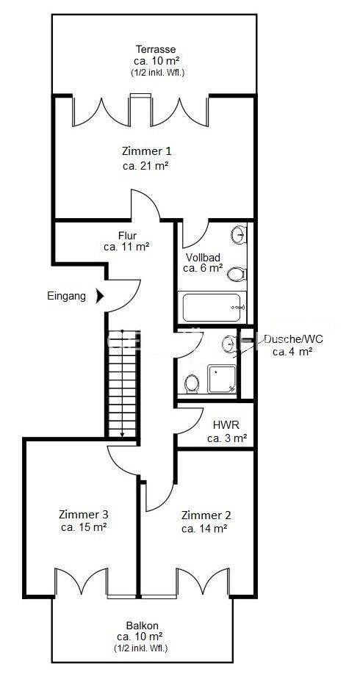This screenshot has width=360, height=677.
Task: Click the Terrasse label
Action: pyautogui.click(x=156, y=49)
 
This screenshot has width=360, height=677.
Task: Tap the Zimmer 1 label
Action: pyautogui.click(x=146, y=151)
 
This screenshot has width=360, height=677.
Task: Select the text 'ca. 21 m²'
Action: pyautogui.click(x=145, y=166)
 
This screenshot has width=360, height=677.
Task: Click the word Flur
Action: pyautogui.click(x=127, y=236)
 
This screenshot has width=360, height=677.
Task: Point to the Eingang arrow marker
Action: pyautogui.click(x=100, y=296)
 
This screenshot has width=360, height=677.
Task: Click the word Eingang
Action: pyautogui.click(x=67, y=296)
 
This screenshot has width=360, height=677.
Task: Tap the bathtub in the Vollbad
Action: pyautogui.click(x=212, y=307)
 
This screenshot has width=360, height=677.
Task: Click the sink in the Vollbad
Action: pyautogui.click(x=239, y=234)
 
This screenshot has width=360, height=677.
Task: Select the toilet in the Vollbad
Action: pyautogui.click(x=237, y=273)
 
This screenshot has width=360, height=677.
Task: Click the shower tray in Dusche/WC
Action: pyautogui.click(x=222, y=379)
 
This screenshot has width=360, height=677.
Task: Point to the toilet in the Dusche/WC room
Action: pyautogui.click(x=192, y=383)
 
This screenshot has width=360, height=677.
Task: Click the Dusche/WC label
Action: pyautogui.click(x=293, y=338)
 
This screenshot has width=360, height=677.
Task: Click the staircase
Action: pyautogui.click(x=122, y=384)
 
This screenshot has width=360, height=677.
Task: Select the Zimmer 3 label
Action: pyautogui.click(x=84, y=514)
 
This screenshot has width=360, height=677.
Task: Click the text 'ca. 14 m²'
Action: pyautogui.click(x=205, y=529)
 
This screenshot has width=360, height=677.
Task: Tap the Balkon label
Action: pyautogui.click(x=143, y=625)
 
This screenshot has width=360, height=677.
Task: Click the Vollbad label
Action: pyautogui.click(x=203, y=257)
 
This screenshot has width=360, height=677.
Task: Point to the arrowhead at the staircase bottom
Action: pyautogui.click(x=122, y=435)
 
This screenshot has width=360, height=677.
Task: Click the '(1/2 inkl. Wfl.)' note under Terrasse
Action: pyautogui.click(x=158, y=73)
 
